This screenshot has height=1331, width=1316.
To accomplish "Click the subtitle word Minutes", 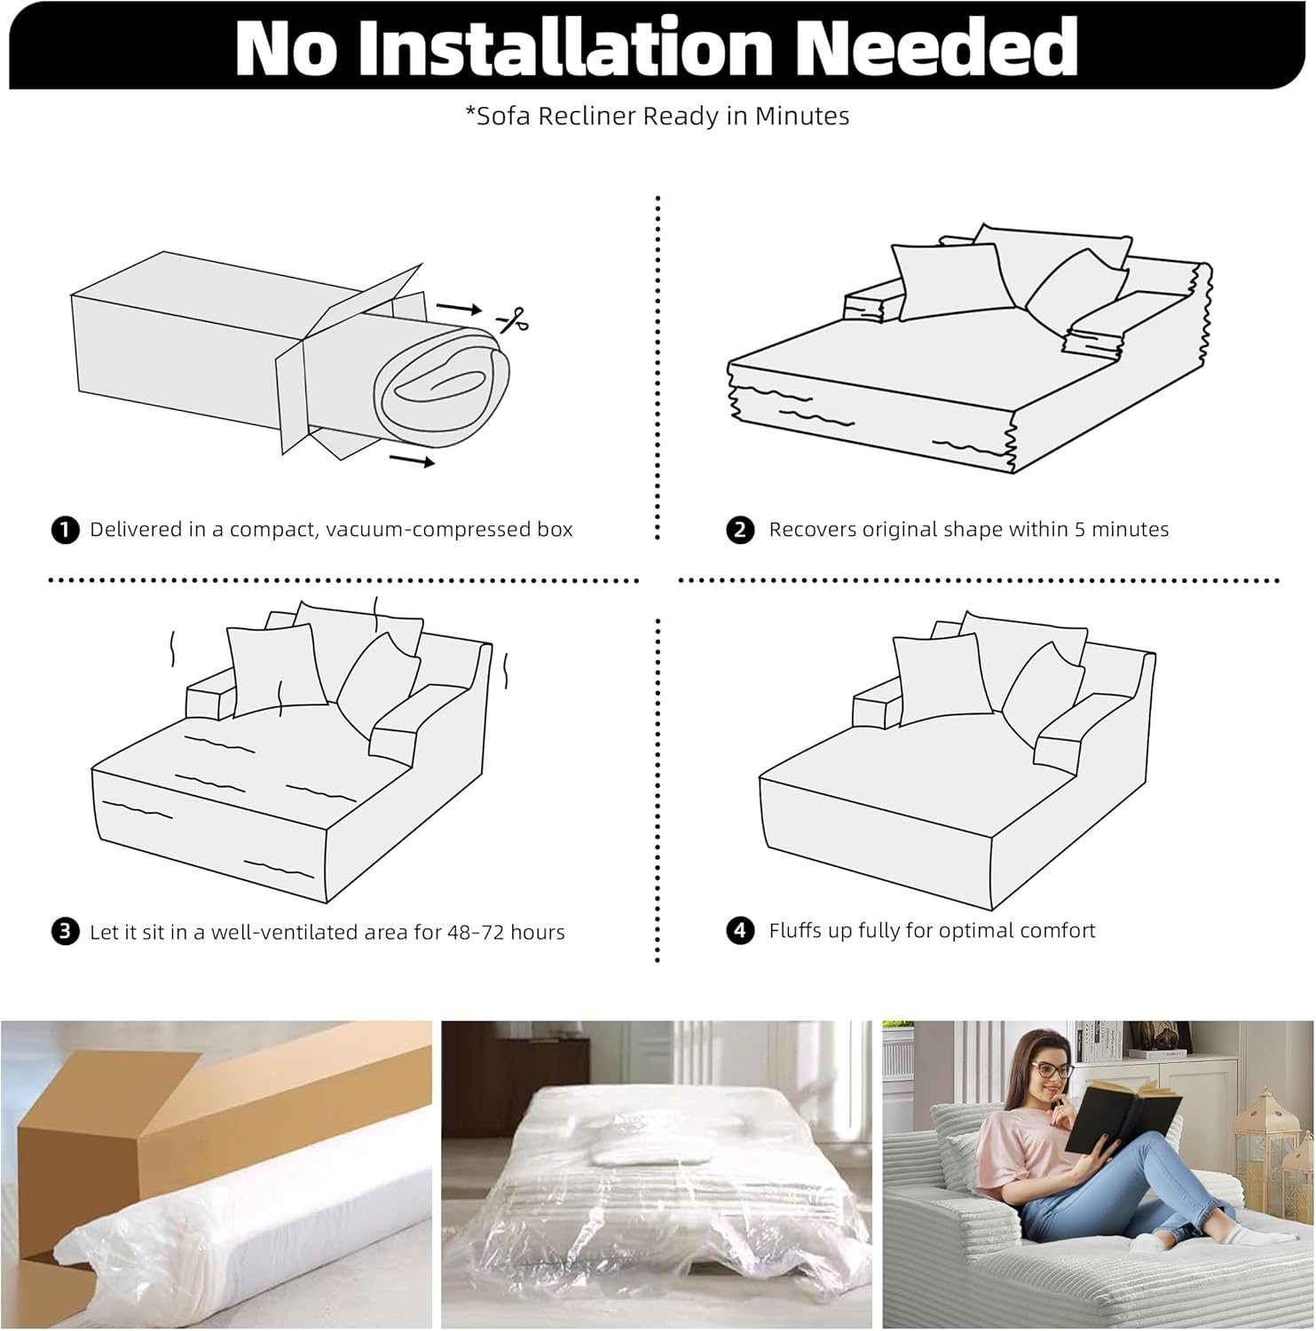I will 802,116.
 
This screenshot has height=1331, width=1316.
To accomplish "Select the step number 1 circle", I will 65,531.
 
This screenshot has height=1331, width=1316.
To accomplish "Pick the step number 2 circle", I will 740,531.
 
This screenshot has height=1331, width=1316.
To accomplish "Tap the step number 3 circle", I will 65,932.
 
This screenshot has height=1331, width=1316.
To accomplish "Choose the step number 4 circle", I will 740,931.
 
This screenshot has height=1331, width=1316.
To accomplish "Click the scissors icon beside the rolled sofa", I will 514,319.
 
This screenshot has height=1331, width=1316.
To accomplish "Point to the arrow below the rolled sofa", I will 413,461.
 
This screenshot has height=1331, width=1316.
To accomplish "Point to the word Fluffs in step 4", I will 795,931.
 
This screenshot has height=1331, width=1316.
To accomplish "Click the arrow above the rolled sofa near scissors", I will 459,309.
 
